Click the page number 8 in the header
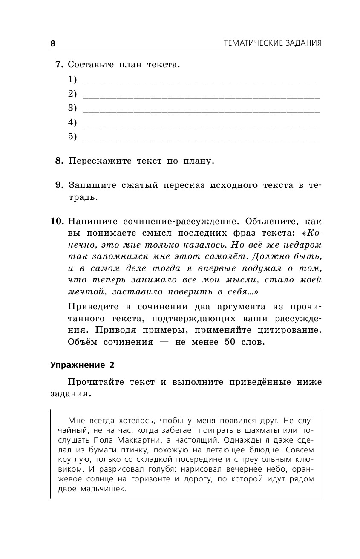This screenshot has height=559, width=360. pos(53,43)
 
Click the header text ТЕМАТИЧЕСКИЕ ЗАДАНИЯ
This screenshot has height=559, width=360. pos(273,43)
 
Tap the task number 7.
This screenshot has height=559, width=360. pos(59,65)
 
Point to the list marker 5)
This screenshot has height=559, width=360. pos(72,136)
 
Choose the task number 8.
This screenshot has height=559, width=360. pos(59,161)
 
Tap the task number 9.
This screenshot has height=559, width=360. pos(59,185)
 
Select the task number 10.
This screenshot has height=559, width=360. pos(57,222)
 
